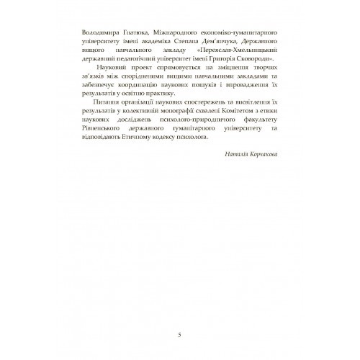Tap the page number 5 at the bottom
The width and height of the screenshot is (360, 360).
pyautogui.click(x=179, y=333)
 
